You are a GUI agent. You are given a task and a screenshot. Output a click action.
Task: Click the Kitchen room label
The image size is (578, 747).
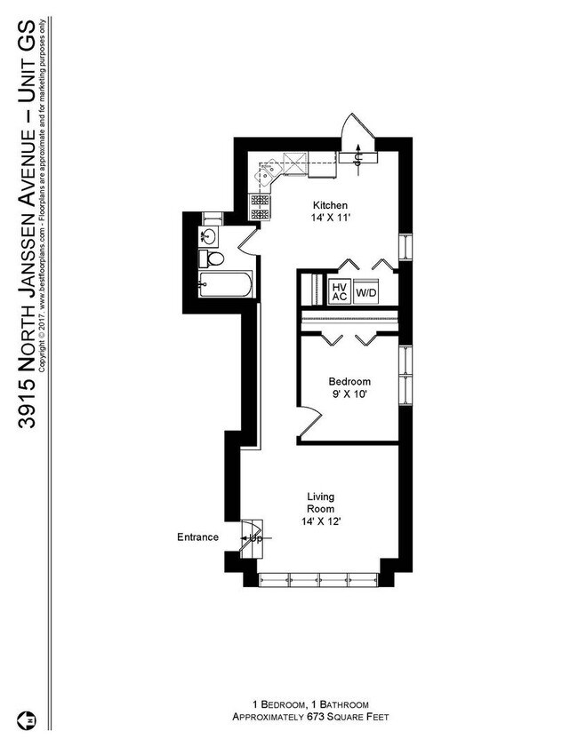[330, 205]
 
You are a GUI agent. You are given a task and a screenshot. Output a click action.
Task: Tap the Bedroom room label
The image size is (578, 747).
[349, 382]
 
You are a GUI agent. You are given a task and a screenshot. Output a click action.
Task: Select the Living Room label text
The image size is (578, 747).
[320, 503]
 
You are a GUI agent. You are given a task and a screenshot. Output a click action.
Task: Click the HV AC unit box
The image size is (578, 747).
[340, 291]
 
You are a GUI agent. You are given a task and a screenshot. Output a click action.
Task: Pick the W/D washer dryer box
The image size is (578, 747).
[366, 291]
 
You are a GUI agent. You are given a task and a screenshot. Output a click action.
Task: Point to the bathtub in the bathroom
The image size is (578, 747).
[225, 284]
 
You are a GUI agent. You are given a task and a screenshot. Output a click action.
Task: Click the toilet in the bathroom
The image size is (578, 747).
[212, 258]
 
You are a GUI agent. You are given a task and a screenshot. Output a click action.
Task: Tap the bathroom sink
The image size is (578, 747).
[208, 236]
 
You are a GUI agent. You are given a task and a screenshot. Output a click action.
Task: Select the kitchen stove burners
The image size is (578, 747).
[260, 207]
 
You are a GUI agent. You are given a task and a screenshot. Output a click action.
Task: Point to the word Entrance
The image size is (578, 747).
[198, 536]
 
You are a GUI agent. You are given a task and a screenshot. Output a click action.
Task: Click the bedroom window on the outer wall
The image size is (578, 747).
[405, 376]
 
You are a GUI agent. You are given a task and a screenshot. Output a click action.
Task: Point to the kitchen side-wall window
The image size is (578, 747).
[405, 247]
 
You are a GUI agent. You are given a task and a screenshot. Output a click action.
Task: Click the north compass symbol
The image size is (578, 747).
[28, 720]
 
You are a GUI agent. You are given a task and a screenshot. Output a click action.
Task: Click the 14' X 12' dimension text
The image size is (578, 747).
[320, 521]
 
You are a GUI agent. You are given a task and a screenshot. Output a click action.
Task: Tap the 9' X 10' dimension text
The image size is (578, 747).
[349, 394]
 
